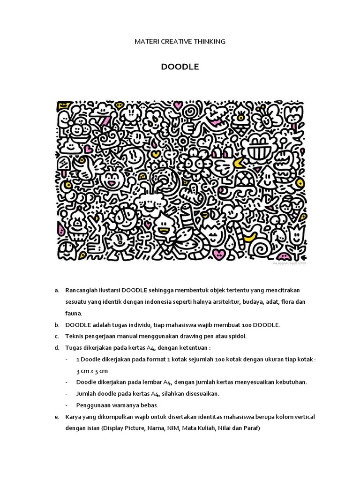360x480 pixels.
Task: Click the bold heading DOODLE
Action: pyautogui.click(x=180, y=67)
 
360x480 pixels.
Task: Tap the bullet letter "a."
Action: pyautogui.click(x=56, y=291)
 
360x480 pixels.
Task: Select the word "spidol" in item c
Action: pyautogui.click(x=237, y=336)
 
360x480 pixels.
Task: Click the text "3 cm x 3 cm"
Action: pyautogui.click(x=92, y=370)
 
